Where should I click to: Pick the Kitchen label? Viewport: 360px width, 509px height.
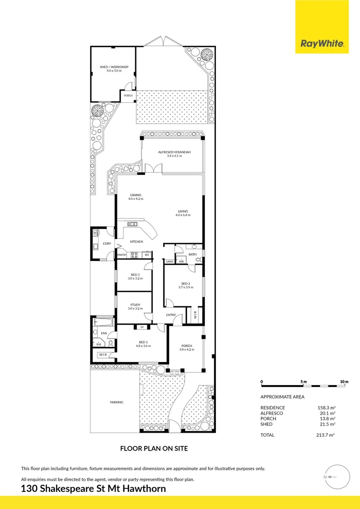137,242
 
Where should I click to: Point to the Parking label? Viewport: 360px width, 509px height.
116,402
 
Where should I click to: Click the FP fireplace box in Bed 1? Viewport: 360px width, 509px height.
142,327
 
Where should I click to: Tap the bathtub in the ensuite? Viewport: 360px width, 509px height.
104,323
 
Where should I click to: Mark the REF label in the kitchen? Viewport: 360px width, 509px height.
147,255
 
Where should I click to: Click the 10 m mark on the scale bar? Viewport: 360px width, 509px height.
344,381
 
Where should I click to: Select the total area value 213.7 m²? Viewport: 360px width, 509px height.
326,435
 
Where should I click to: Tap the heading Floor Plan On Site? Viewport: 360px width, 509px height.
154,448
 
